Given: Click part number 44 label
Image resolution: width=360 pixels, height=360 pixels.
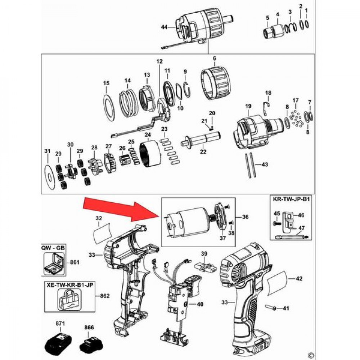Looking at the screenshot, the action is (164, 27).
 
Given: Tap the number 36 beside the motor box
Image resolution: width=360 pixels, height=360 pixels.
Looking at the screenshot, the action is (245, 217).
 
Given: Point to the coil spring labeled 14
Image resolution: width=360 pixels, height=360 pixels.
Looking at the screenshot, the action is (129, 103).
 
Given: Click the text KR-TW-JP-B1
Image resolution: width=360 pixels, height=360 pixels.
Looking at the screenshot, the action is (291, 199).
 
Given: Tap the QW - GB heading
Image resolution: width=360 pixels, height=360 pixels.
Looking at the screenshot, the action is (53, 248).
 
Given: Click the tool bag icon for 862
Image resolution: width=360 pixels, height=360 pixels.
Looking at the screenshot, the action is (70, 300).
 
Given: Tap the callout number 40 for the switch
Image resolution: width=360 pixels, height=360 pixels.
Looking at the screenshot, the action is (200, 304).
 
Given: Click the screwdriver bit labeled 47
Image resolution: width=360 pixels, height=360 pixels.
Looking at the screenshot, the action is (291, 236).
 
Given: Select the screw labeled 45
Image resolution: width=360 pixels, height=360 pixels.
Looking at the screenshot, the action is (276, 223).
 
